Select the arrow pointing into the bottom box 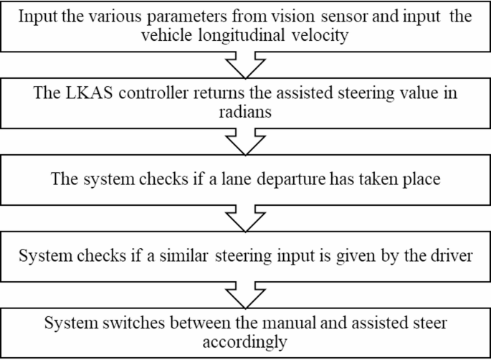point(245,293)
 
